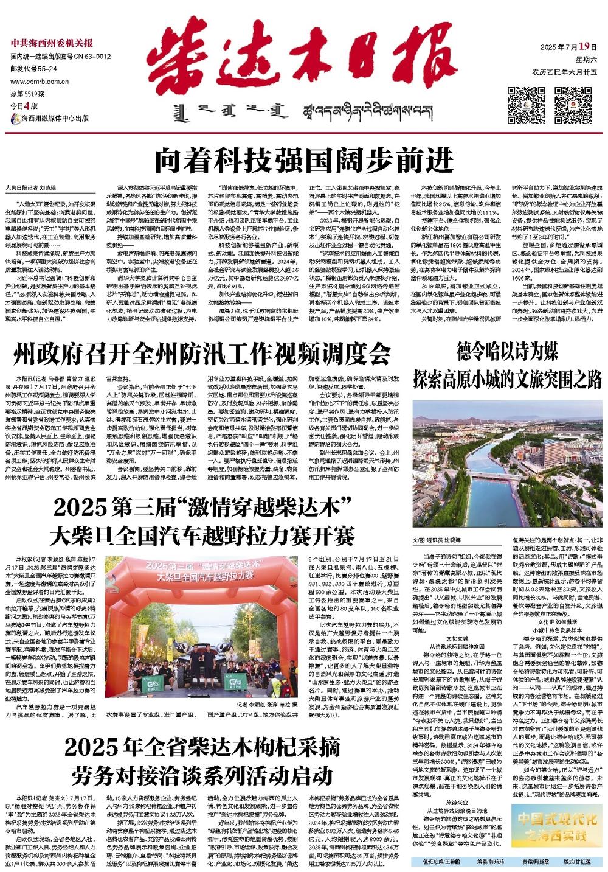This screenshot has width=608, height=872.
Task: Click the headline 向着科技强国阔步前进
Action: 304,159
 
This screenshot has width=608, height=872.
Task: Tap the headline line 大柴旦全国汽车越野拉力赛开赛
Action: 203,535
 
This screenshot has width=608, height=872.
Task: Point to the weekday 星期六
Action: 587,60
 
